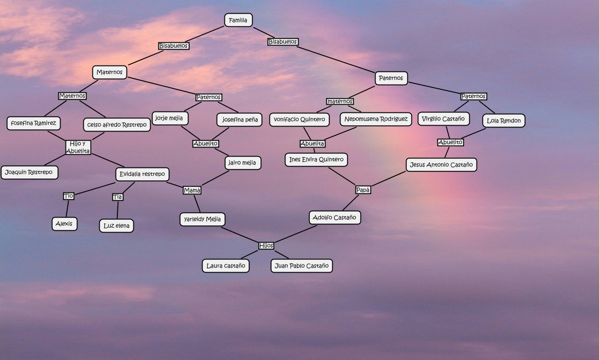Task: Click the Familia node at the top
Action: pyautogui.click(x=238, y=20)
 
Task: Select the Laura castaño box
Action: pyautogui.click(x=226, y=266)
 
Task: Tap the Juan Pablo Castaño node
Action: pyautogui.click(x=301, y=266)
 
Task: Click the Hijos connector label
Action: pyautogui.click(x=266, y=246)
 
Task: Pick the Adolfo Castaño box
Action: pyautogui.click(x=335, y=218)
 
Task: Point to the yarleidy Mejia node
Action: pyautogui.click(x=202, y=219)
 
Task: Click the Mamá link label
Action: pyautogui.click(x=192, y=190)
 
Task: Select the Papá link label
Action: pyautogui.click(x=363, y=190)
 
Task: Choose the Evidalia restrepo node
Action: pyautogui.click(x=142, y=174)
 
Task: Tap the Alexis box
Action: pyautogui.click(x=64, y=223)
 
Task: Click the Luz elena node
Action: pyautogui.click(x=117, y=226)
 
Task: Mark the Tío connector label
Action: pyautogui.click(x=68, y=196)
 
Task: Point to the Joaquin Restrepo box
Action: pyautogui.click(x=30, y=172)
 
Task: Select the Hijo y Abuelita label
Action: pyautogui.click(x=78, y=147)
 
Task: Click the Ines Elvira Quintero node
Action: pyautogui.click(x=316, y=160)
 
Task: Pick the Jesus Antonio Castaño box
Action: pyautogui.click(x=441, y=165)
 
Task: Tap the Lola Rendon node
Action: pyautogui.click(x=503, y=121)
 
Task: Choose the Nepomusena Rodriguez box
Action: pyautogui.click(x=376, y=119)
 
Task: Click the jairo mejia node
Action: pyautogui.click(x=243, y=162)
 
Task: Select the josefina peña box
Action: pyautogui.click(x=239, y=120)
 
